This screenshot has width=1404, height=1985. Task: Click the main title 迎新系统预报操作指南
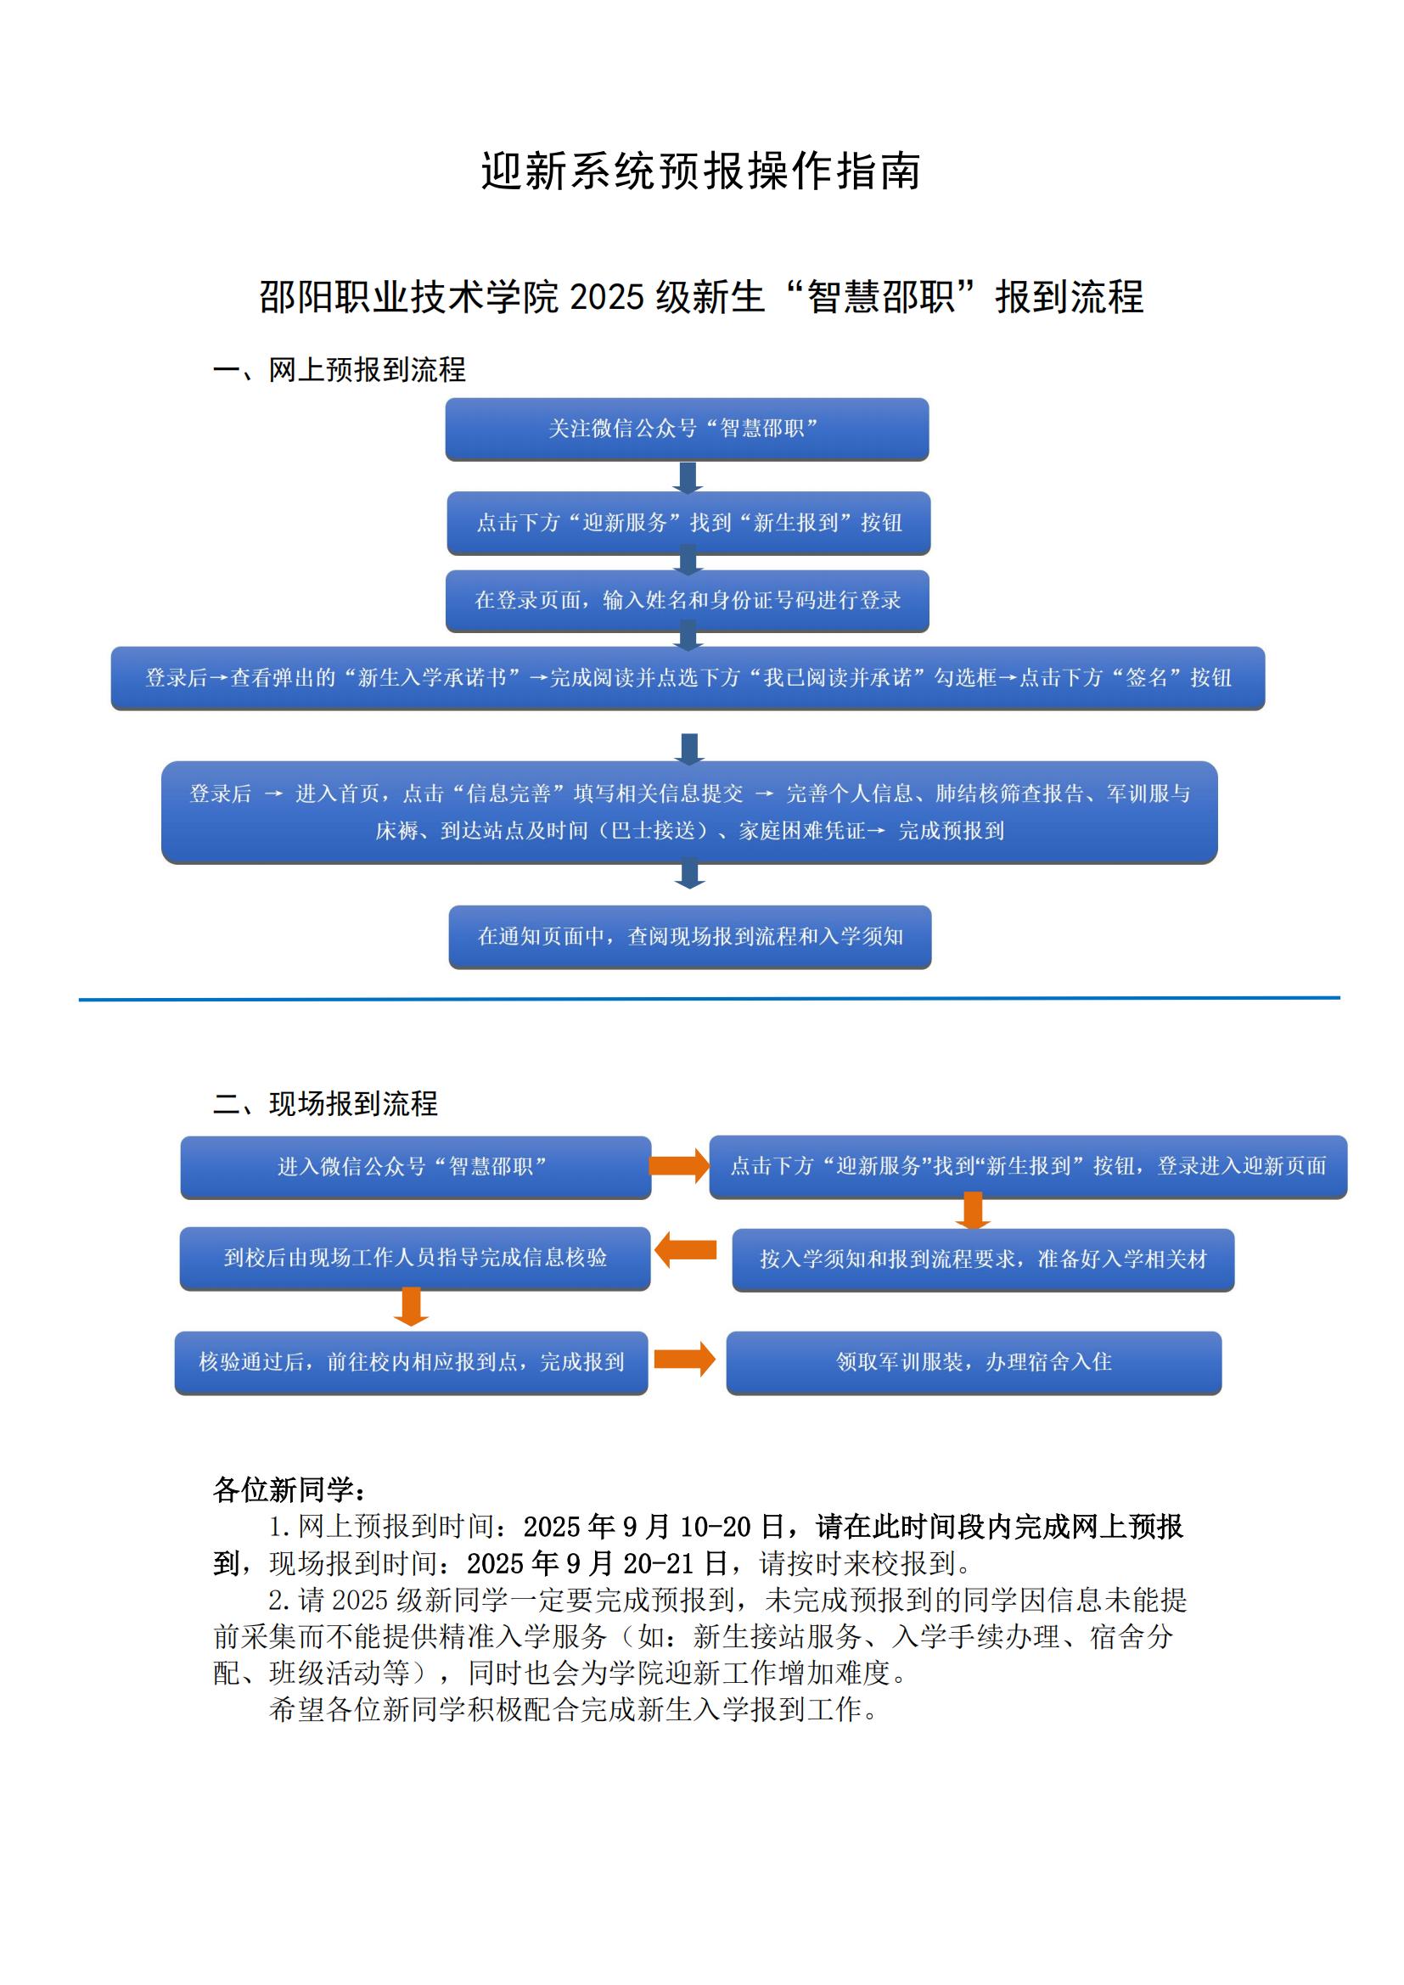700,171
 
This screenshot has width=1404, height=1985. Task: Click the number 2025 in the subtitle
607,297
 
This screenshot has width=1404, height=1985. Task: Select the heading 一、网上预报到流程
339,370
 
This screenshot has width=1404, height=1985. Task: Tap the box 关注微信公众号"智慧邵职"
688,429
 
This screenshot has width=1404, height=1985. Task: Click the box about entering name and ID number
688,600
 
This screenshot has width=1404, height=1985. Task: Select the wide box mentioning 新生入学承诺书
688,678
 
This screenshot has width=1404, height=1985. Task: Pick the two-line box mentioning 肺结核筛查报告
689,812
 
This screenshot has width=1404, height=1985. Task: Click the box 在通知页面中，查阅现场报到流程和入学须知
690,936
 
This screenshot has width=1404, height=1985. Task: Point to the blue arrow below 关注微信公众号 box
688,477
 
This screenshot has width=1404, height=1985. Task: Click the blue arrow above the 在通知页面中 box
689,873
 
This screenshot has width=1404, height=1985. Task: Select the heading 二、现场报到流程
325,1103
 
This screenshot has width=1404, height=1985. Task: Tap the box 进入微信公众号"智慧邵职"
415,1166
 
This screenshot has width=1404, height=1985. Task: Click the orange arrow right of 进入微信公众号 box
680,1165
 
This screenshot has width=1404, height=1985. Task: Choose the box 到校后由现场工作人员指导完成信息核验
415,1258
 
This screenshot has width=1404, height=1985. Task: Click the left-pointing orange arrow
686,1250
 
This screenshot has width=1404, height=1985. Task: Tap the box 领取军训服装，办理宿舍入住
974,1363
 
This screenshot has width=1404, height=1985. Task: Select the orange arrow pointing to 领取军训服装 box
685,1359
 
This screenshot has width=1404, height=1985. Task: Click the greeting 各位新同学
289,1489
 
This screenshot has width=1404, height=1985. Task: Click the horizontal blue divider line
709,999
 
